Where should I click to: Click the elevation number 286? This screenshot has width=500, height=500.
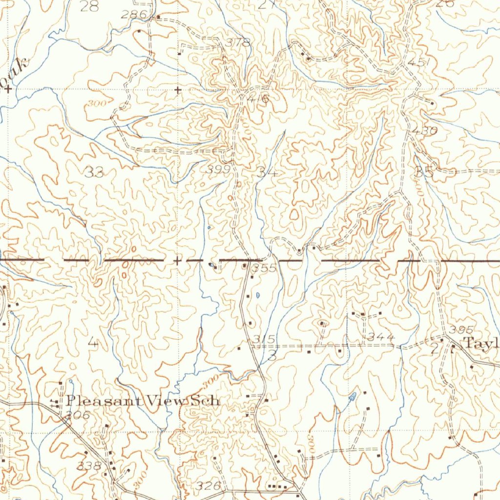134,15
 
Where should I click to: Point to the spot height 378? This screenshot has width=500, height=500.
240,42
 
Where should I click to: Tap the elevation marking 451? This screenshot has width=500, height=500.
418,63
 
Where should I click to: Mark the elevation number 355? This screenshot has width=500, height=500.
265,268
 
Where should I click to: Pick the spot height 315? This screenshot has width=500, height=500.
264,339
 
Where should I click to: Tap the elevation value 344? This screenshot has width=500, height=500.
381,336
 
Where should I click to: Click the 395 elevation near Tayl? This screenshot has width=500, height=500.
461,330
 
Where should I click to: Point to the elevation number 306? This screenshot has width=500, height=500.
77,416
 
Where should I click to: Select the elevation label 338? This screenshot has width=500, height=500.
89,466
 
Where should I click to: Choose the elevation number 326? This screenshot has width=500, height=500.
208,486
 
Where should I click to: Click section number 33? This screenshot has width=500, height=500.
94,172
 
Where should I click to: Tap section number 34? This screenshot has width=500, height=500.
268,173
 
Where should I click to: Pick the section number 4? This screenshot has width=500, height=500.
93,343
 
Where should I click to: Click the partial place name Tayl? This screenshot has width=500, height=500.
481,342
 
